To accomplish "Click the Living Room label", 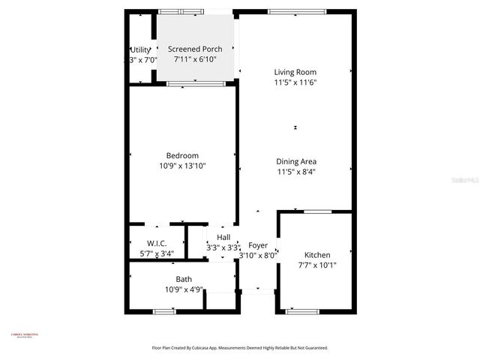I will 295,72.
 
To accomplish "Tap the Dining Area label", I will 296,161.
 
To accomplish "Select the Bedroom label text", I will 182,156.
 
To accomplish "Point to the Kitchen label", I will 317,255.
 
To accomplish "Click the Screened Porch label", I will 195,49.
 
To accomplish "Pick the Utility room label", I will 140,49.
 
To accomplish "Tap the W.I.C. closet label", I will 157,243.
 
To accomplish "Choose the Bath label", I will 184,279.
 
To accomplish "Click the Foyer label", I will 258,245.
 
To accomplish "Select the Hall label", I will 223,237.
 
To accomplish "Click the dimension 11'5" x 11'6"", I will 295,82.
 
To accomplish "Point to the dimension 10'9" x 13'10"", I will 182,166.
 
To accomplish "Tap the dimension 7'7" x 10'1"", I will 317,265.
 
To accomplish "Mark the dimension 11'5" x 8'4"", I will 296,171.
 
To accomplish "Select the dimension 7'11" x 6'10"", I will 195,58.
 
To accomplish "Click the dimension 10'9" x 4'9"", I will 184,289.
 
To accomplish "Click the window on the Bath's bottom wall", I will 165,310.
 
